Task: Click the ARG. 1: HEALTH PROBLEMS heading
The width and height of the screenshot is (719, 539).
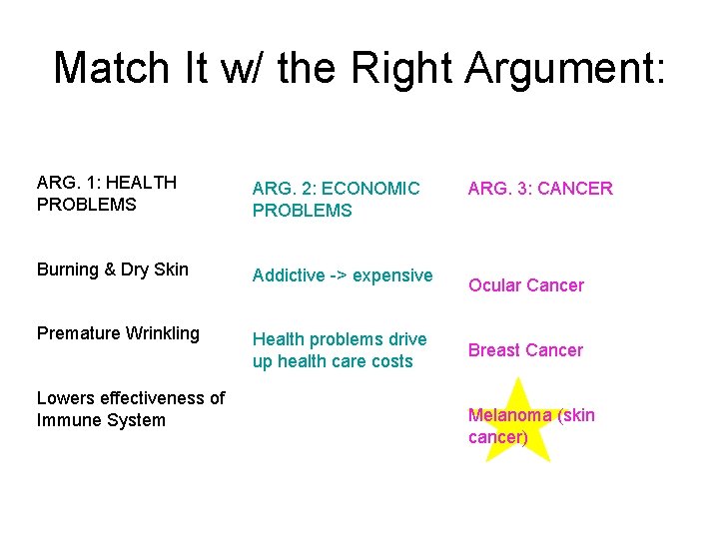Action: tap(106, 193)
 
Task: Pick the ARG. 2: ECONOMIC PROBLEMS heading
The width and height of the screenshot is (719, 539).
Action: tap(336, 200)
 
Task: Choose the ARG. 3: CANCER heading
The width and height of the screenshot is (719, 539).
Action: tap(540, 189)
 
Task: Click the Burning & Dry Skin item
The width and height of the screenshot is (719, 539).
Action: tap(112, 269)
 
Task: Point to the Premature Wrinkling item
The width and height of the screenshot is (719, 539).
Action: tap(118, 333)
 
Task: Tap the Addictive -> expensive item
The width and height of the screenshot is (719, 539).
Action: tap(343, 275)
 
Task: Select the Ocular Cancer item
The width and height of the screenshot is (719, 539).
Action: tap(526, 285)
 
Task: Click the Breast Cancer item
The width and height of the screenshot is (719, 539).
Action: tap(525, 350)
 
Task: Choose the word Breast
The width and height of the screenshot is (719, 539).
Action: tap(495, 350)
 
